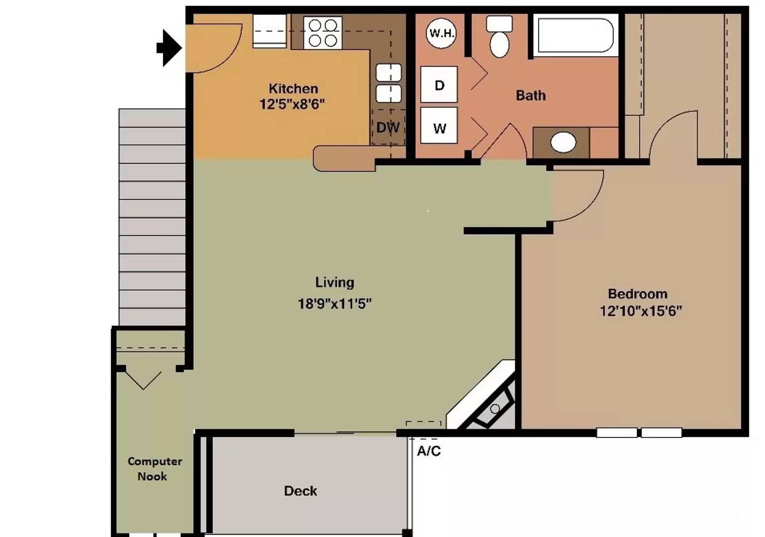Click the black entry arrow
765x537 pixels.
[170, 48]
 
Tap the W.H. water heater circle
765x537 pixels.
[441, 33]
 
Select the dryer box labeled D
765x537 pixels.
[439, 85]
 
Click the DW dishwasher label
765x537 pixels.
[388, 128]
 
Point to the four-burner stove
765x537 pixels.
[323, 33]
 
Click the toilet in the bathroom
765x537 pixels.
[499, 36]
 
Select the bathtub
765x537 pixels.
[576, 35]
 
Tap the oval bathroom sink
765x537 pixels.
[564, 142]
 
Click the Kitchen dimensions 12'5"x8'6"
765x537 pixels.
[292, 104]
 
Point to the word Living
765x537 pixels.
[334, 282]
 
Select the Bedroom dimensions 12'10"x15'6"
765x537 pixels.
[641, 311]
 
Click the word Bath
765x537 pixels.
[531, 95]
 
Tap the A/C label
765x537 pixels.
[429, 451]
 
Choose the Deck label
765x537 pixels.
[300, 491]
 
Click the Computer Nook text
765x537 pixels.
[155, 469]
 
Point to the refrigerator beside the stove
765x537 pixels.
[270, 31]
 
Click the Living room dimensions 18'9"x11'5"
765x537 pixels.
[334, 304]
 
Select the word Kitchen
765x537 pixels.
[293, 89]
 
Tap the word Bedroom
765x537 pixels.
[638, 294]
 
